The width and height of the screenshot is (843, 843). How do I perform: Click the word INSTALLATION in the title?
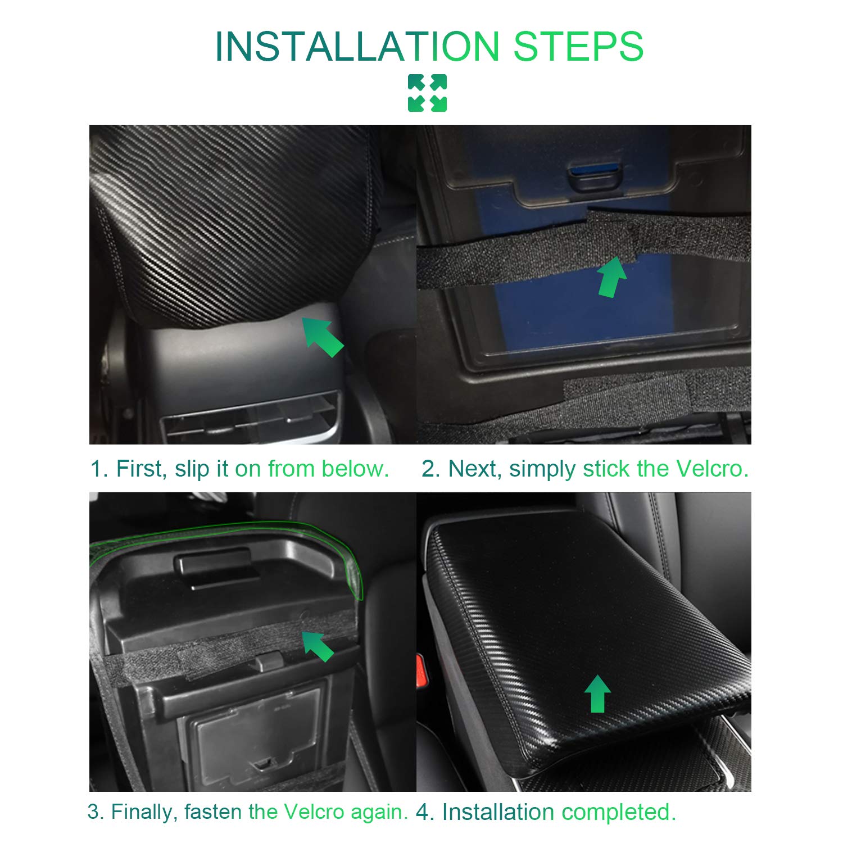pyautogui.click(x=357, y=46)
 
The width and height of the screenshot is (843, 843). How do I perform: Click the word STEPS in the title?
pyautogui.click(x=578, y=46)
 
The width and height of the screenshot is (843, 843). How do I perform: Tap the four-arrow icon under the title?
pyautogui.click(x=427, y=93)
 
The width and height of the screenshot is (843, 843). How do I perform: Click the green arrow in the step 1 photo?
pyautogui.click(x=323, y=336)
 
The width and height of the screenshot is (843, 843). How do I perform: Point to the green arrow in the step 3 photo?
pyautogui.click(x=318, y=646)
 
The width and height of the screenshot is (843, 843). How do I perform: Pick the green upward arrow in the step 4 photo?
pyautogui.click(x=597, y=694)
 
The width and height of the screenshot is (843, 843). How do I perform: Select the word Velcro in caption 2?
pyautogui.click(x=712, y=468)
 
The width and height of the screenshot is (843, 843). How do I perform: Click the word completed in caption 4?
pyautogui.click(x=618, y=813)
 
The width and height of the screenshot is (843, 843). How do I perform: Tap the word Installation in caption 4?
pyautogui.click(x=498, y=812)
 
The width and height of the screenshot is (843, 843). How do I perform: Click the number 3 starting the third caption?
pyautogui.click(x=93, y=812)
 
